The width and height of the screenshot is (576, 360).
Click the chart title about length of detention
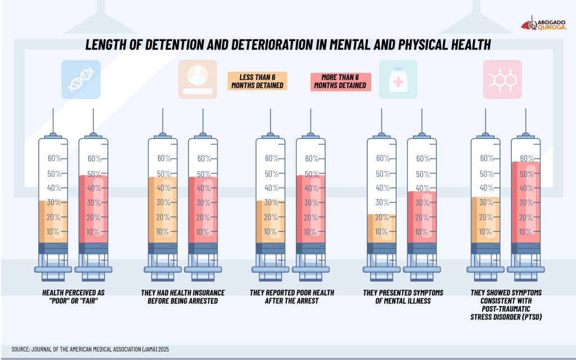(287, 45)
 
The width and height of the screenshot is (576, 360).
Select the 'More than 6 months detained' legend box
(340, 81)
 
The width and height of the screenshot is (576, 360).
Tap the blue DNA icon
(82, 79)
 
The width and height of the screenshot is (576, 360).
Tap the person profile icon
(197, 79)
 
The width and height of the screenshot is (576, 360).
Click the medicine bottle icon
(398, 79)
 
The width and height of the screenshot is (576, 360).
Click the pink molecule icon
(502, 79)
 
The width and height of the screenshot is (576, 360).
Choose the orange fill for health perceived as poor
(53, 222)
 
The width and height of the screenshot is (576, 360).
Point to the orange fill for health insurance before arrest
(162, 210)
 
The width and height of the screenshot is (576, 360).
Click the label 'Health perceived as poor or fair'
(73, 297)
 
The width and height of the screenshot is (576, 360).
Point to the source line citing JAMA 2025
(90, 349)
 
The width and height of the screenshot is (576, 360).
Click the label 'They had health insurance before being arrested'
(182, 297)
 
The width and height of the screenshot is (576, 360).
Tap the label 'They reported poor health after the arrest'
(291, 297)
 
